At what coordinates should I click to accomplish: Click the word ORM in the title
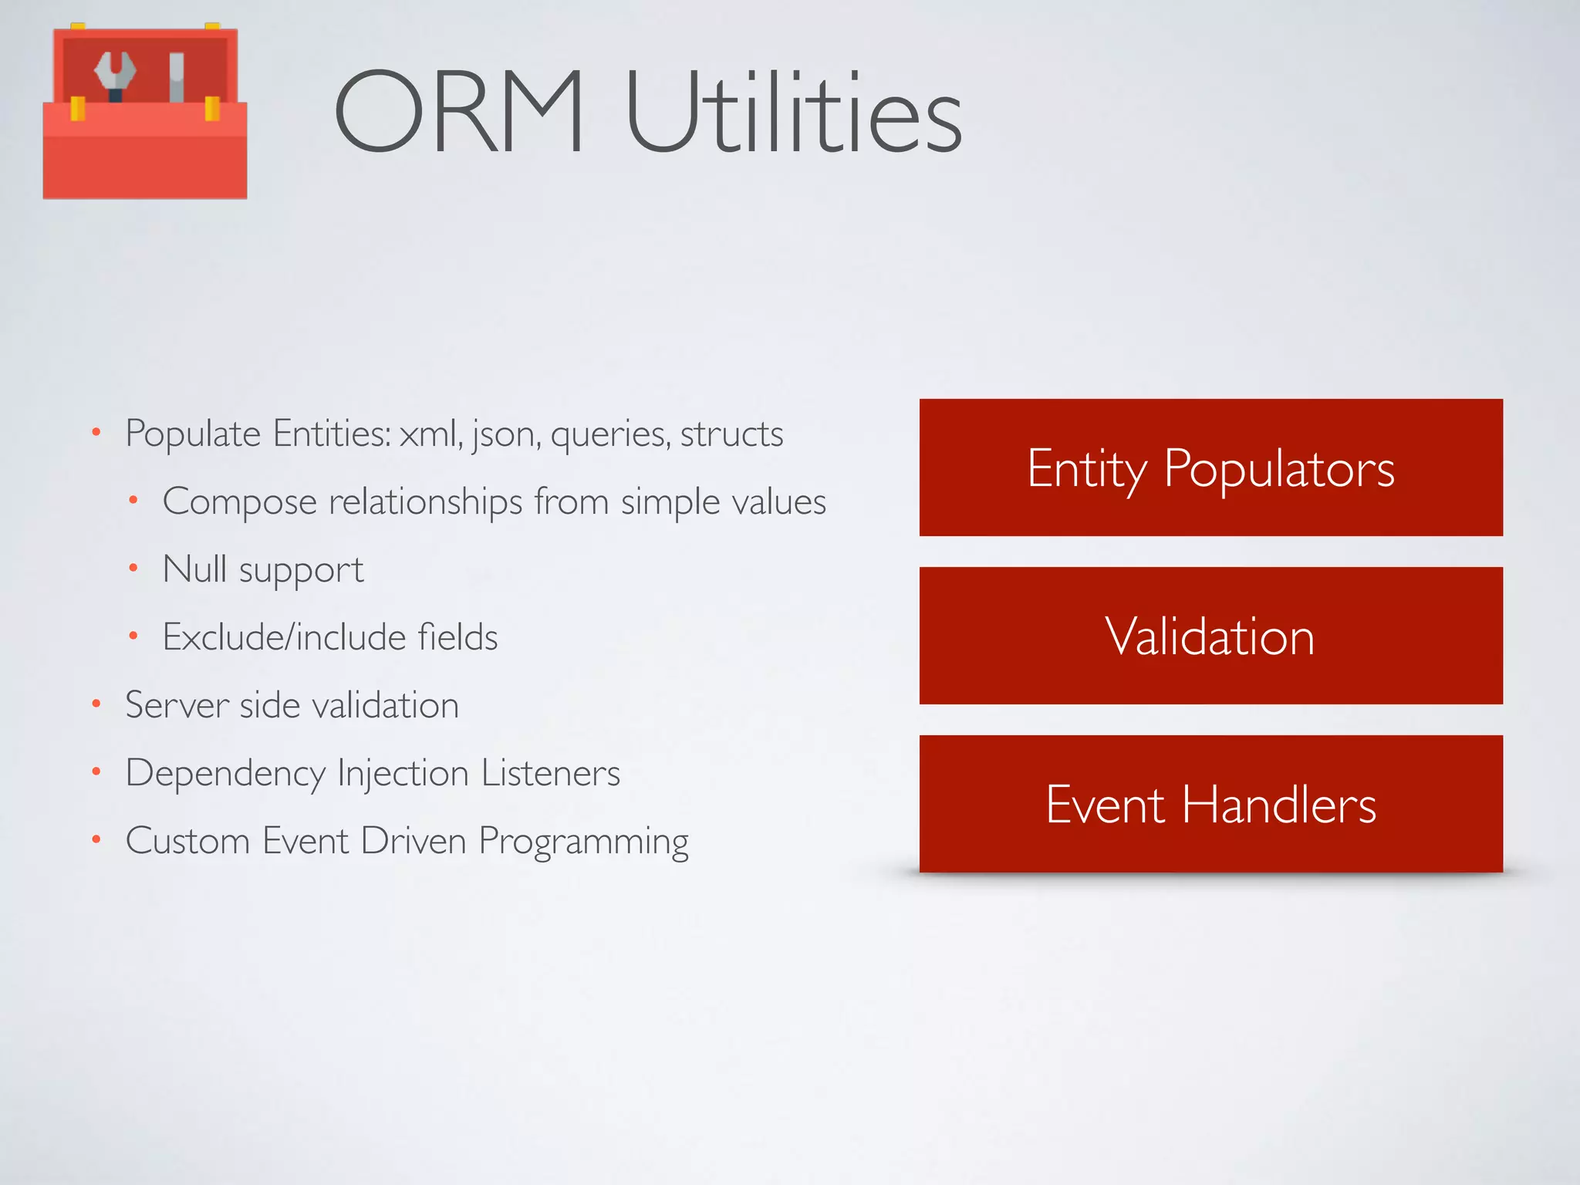click(459, 112)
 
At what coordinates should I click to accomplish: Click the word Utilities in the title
click(794, 112)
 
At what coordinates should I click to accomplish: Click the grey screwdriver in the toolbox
click(177, 77)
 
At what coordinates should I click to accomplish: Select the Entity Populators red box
click(1210, 468)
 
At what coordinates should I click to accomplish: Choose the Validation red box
click(1210, 636)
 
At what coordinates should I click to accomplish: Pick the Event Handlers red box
click(1210, 804)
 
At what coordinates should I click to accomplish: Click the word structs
click(731, 434)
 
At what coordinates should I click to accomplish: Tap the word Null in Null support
click(195, 569)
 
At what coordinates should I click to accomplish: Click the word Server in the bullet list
click(177, 705)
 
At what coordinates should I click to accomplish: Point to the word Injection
click(403, 774)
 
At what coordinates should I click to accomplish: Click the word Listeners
click(551, 773)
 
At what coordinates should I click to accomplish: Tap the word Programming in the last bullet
click(583, 842)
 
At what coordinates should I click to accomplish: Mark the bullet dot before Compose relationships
click(133, 501)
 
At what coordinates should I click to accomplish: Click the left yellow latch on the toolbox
click(78, 108)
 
